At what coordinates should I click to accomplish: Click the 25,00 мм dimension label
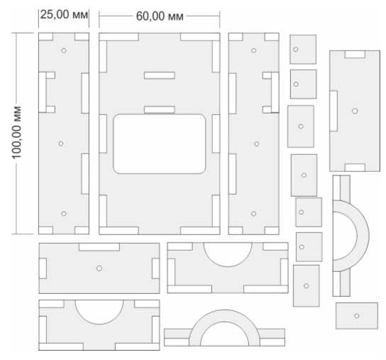tap(64, 14)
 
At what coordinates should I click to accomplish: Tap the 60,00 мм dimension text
tap(160, 16)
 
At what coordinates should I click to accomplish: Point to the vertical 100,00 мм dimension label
tap(17, 133)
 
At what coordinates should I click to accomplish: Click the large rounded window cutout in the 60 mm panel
tap(160, 144)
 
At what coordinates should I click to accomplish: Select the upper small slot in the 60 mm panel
tap(160, 75)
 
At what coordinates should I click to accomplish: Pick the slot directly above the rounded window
tap(160, 109)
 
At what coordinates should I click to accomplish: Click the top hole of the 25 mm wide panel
tap(64, 50)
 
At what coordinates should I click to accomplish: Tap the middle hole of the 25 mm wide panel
tap(61, 143)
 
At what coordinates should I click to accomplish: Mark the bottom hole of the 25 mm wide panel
tap(64, 214)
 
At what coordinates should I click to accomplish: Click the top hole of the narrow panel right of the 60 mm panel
tap(253, 50)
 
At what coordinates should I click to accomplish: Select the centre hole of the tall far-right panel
tap(355, 111)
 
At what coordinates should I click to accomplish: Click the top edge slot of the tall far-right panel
tap(355, 55)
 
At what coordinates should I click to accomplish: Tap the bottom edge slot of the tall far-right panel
tap(355, 168)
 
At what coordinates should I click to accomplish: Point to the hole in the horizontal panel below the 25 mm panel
tap(99, 268)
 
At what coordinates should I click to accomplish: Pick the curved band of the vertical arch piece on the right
tap(363, 236)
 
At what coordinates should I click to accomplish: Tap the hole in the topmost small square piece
tap(296, 49)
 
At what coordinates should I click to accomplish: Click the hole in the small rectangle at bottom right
tap(357, 316)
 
